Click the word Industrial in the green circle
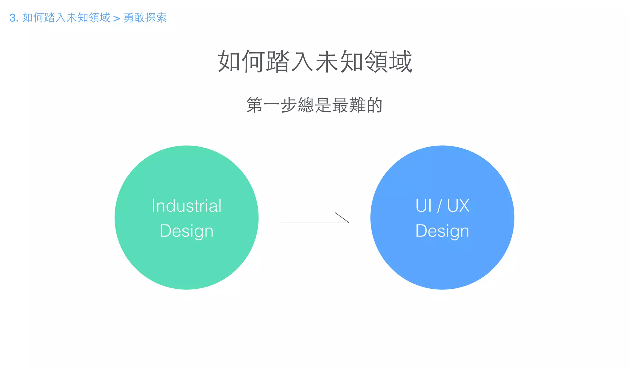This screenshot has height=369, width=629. pos(186,206)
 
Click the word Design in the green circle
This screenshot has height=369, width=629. pos(186,231)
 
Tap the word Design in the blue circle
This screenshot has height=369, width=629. pos(442,231)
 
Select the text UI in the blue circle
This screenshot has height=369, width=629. pos(424,206)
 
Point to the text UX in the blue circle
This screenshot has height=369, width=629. pos(458,206)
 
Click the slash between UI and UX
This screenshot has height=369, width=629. pos(440,206)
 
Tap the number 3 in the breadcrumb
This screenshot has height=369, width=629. pos(12,18)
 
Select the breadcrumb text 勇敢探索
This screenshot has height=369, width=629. pos(145,18)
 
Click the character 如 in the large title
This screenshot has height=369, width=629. pos(229,61)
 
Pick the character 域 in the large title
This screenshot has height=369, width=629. pos(400,61)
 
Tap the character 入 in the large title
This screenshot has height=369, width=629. pos(302,61)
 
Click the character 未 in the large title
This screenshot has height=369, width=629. pos(327,61)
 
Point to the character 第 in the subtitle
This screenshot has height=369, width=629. pos(254,105)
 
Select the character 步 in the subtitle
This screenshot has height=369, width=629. pos(289,105)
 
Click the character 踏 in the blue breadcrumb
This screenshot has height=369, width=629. pos(50,18)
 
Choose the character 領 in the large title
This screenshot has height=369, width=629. pos(376,61)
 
